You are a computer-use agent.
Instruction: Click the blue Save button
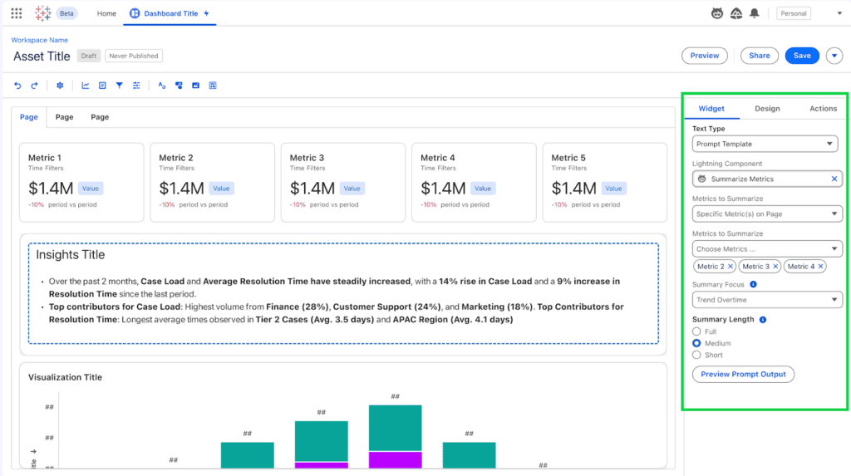[802, 56]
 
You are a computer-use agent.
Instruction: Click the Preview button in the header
[704, 56]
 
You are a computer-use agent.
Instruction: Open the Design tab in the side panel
[767, 109]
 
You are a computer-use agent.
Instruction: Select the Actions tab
[823, 109]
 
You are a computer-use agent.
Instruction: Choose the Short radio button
[696, 355]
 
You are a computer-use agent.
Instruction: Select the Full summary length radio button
[696, 331]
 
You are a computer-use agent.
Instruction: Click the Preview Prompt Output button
[743, 375]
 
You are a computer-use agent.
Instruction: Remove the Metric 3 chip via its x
[776, 267]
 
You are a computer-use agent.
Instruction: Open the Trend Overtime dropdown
[766, 300]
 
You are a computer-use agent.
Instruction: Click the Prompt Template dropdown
[766, 145]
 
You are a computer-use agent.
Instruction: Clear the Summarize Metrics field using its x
[834, 179]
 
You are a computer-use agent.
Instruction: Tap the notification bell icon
[755, 13]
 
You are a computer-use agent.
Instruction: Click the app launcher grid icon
[17, 13]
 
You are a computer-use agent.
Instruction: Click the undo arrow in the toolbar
[18, 86]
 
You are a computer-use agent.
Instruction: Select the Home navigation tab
[106, 14]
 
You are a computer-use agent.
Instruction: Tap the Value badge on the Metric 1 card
[91, 189]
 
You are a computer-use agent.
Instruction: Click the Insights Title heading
[70, 255]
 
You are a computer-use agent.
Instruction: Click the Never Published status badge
[134, 56]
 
